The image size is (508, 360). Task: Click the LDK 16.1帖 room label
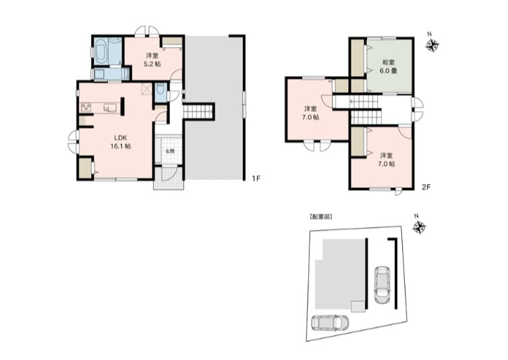pyautogui.click(x=121, y=142)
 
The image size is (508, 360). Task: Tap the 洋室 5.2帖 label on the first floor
pyautogui.click(x=152, y=60)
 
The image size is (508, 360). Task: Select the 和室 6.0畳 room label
pyautogui.click(x=389, y=67)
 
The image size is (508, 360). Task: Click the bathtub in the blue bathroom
pyautogui.click(x=101, y=52)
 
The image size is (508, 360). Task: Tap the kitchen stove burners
pyautogui.click(x=86, y=107)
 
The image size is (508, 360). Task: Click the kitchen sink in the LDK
pyautogui.click(x=111, y=107)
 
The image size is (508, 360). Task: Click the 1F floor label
pyautogui.click(x=256, y=179)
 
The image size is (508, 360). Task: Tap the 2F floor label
pyautogui.click(x=426, y=187)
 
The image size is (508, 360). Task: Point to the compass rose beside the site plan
pyautogui.click(x=419, y=227)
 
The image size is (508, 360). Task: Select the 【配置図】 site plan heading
pyautogui.click(x=320, y=217)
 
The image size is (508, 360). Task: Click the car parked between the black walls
pyautogui.click(x=382, y=285)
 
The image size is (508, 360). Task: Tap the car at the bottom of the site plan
pyautogui.click(x=330, y=322)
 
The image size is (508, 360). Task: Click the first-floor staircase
pyautogui.click(x=198, y=112)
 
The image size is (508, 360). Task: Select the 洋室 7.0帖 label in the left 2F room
pyautogui.click(x=311, y=113)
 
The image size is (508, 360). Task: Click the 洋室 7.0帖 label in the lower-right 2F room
pyautogui.click(x=387, y=160)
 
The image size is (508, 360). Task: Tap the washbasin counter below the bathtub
pyautogui.click(x=111, y=73)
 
